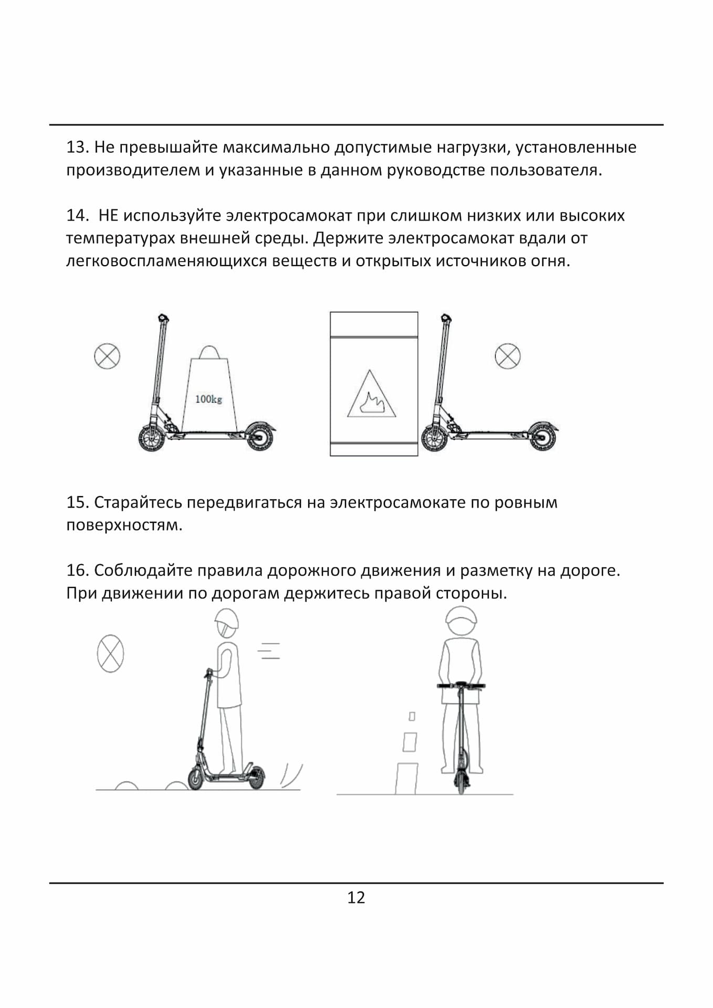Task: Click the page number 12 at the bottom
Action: coord(356,897)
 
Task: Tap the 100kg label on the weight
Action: coord(208,399)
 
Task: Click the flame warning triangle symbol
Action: coord(371,396)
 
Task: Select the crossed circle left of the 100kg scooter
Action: coord(107,356)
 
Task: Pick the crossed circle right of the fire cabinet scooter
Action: coord(507,356)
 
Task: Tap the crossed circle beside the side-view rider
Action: coord(110,653)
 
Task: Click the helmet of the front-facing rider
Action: coord(461,620)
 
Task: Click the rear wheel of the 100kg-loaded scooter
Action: coord(259,436)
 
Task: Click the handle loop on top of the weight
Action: coord(209,352)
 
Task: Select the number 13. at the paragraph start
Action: coord(77,147)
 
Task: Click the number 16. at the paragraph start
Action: coord(77,570)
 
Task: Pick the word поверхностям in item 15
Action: coord(123,525)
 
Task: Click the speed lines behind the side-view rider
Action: coord(269,651)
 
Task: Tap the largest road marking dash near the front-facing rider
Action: coord(406,779)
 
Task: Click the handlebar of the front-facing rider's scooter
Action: coord(461,686)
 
